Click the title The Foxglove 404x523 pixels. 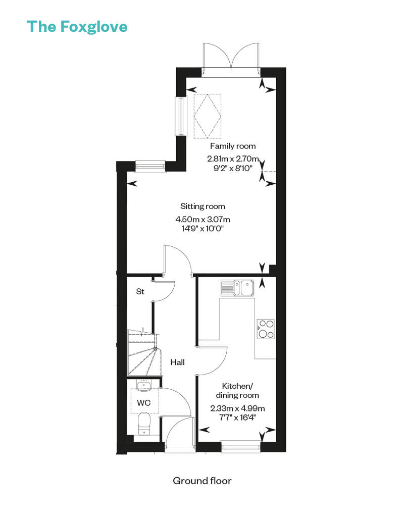(77, 26)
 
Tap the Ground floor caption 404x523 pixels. (202, 481)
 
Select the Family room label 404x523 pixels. (233, 146)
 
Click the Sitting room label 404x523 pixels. (203, 206)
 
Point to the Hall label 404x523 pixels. (177, 362)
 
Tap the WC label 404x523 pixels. (144, 403)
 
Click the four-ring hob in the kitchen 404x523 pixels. (266, 328)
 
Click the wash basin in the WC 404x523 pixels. (144, 387)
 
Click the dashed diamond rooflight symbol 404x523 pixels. (208, 115)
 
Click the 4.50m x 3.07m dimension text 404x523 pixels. (203, 220)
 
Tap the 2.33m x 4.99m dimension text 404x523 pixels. (237, 408)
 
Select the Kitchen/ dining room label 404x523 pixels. (237, 390)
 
